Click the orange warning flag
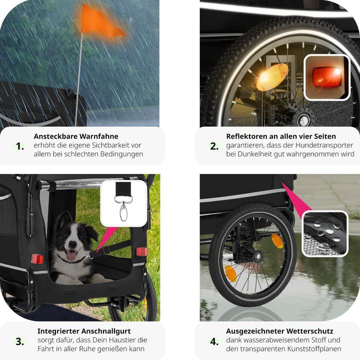[98, 23]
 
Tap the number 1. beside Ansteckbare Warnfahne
[20, 146]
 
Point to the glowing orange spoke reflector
[272, 77]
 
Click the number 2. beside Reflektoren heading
[214, 146]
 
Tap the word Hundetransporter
[324, 145]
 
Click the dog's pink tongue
[71, 255]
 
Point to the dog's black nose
[72, 244]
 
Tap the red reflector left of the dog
[37, 259]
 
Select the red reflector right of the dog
[142, 251]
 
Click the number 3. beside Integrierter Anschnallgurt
[19, 341]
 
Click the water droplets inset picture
[325, 233]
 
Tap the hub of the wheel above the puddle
[259, 256]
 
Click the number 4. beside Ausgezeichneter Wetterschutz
[214, 341]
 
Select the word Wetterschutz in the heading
[309, 331]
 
